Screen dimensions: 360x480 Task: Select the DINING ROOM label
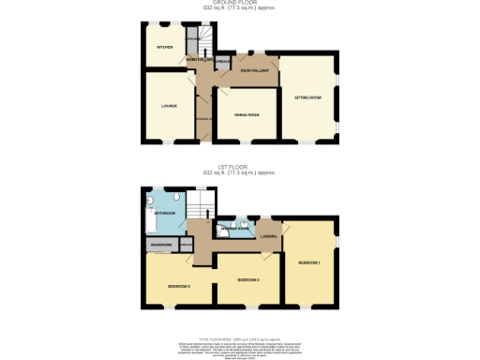pos(247,114)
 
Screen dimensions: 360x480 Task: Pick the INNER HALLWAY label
pos(198,61)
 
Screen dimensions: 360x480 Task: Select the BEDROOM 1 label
pos(308,262)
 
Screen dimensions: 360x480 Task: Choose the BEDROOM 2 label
pos(247,279)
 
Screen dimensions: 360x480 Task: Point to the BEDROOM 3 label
pos(179,285)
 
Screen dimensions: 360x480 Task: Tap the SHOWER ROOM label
pos(233,229)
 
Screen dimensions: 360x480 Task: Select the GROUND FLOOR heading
pos(239,3)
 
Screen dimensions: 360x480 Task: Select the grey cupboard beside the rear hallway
pos(223,63)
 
